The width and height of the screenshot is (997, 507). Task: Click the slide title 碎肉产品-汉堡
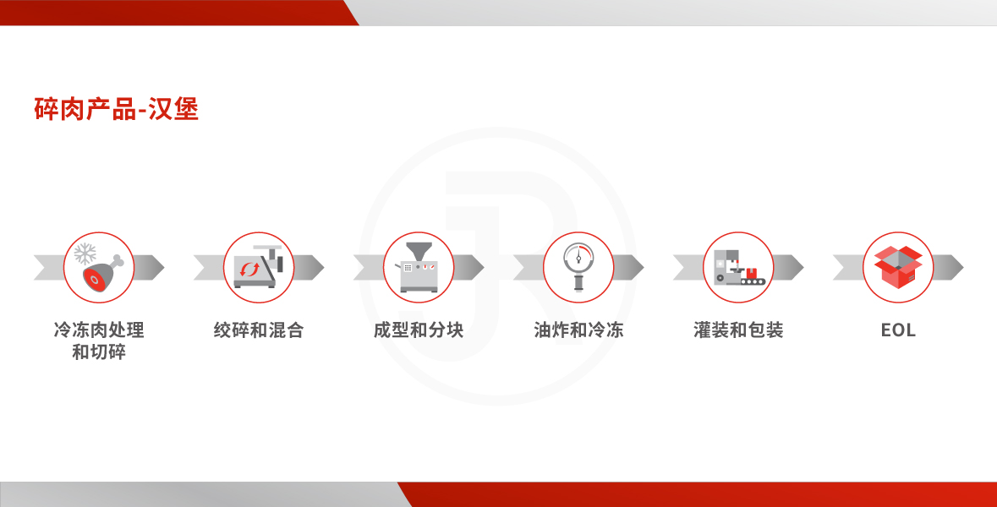point(117,109)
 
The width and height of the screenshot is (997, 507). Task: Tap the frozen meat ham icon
point(99,268)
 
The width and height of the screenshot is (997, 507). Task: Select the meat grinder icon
point(259,266)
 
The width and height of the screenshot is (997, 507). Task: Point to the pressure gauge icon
point(578,266)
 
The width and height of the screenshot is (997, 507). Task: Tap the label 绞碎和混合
point(259,330)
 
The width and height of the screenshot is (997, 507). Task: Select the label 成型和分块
point(419,330)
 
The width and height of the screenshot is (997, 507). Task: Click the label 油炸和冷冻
point(578,330)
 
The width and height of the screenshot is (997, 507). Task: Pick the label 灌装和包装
point(739,330)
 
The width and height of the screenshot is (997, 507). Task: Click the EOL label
point(898,330)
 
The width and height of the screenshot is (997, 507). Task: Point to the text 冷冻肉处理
point(99,330)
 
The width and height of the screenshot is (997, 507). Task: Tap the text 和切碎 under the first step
point(99,352)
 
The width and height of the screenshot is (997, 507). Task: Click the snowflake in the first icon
point(85,254)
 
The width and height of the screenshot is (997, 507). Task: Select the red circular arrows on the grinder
point(249,270)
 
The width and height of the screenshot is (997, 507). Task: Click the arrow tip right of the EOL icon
point(962,268)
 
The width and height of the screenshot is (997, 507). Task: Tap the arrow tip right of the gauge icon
point(643,268)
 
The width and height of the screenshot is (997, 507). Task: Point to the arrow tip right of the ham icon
point(163,268)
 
